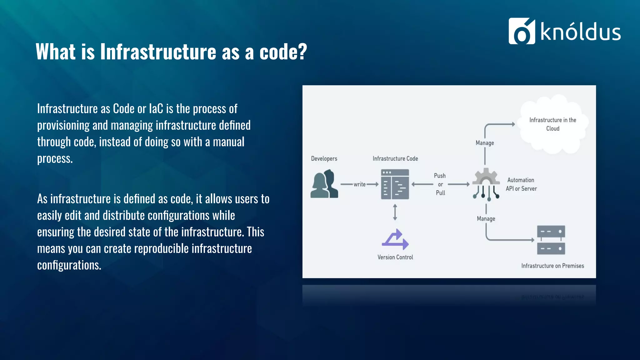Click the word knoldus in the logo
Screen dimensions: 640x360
[580, 32]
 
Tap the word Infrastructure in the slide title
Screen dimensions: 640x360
[158, 52]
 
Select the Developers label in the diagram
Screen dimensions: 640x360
[324, 158]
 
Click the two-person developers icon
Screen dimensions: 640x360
[324, 184]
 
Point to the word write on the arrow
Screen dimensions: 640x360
[359, 184]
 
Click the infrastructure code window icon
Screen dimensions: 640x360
[395, 184]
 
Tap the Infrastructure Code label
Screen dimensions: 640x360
[395, 158]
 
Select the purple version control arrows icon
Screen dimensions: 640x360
[395, 239]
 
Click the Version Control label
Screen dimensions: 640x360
[395, 257]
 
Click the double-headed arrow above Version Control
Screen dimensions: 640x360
[395, 212]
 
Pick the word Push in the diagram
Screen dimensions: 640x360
[440, 176]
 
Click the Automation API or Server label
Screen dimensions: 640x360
[521, 184]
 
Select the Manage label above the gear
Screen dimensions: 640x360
[485, 143]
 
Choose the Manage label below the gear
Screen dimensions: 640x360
[486, 219]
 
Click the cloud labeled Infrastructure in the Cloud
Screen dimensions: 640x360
[552, 124]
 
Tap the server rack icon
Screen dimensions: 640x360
[551, 240]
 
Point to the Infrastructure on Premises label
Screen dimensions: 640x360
[552, 266]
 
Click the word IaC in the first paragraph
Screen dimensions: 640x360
[156, 109]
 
